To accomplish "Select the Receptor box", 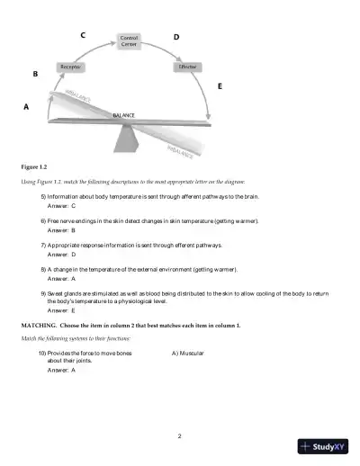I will pyautogui.click(x=71, y=67).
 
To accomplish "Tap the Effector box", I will pyautogui.click(x=187, y=67).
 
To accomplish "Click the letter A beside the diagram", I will pyautogui.click(x=26, y=106).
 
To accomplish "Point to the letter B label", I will pyautogui.click(x=35, y=75).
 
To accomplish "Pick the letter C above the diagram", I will pyautogui.click(x=83, y=35).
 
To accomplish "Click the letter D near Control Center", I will pyautogui.click(x=175, y=37).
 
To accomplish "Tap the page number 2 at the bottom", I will pyautogui.click(x=180, y=436).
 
